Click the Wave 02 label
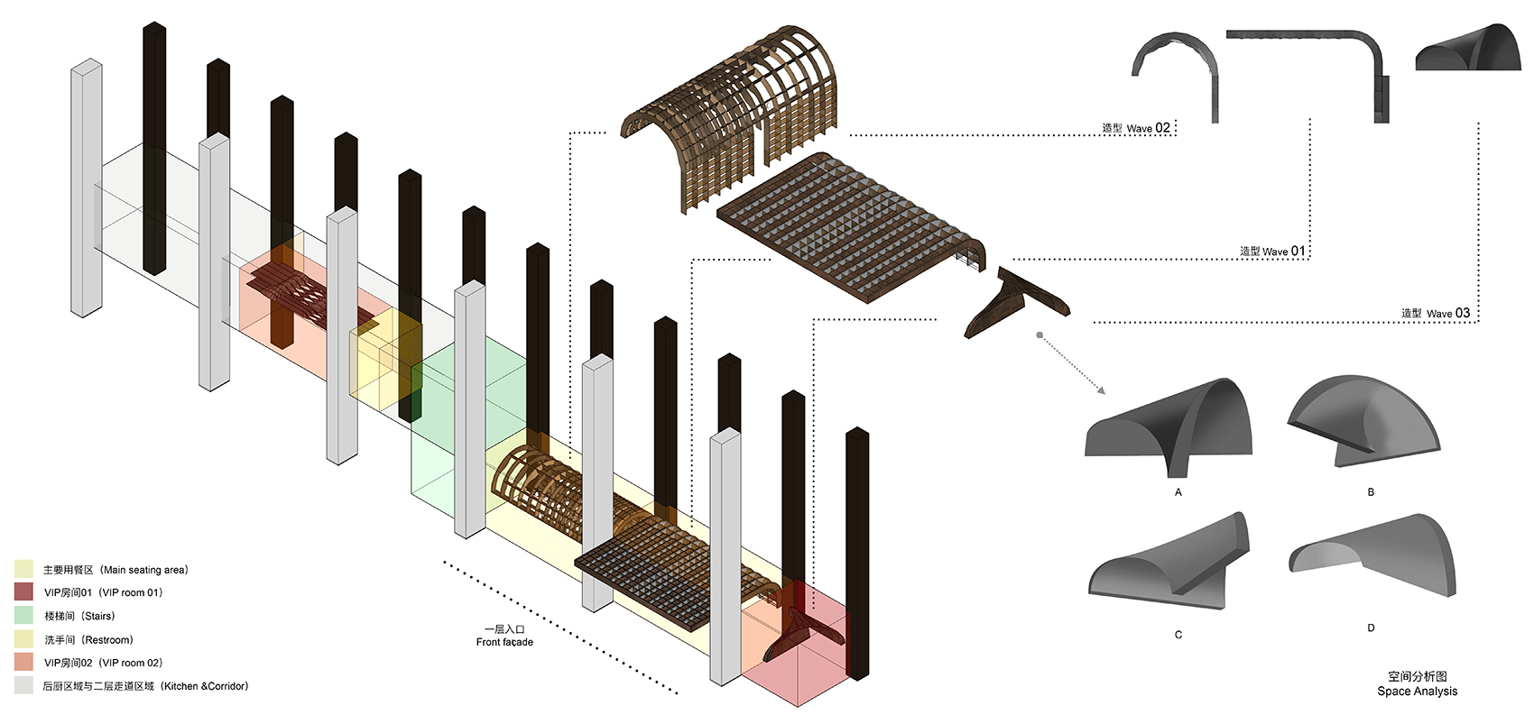[x=1136, y=128]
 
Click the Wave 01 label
[x=1272, y=252]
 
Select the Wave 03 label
[x=1436, y=313]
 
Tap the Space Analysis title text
[x=1417, y=683]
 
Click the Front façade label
[x=504, y=637]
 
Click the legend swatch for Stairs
[x=23, y=616]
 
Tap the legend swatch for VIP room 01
[x=23, y=592]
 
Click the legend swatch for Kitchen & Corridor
[x=23, y=686]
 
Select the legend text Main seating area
[x=116, y=570]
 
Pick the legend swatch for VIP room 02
[x=23, y=663]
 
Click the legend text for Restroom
[x=88, y=639]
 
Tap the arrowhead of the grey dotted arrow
[x=1101, y=390]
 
